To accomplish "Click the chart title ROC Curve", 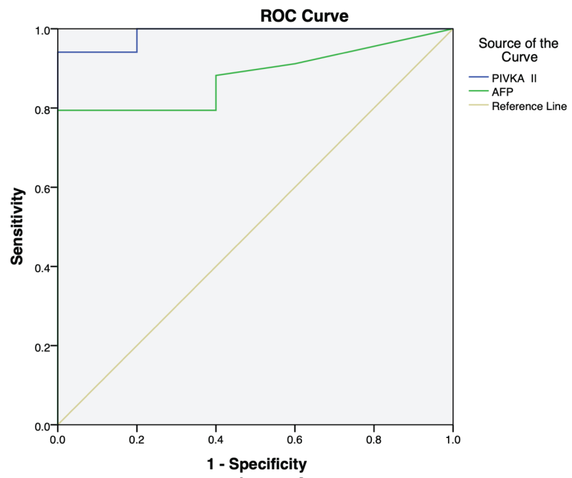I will pos(304,16).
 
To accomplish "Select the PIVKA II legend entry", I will pos(514,78).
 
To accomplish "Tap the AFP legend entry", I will pos(502,92).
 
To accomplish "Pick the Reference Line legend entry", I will pos(529,106).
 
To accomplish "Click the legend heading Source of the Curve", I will pos(518,50).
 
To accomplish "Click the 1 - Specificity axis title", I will pos(257,464).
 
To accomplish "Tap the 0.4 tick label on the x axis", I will pos(216,440).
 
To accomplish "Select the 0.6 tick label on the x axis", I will pos(295,440).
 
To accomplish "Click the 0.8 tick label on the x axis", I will pos(374,440).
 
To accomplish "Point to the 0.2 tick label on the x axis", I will pos(137,440).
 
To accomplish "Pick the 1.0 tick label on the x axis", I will pos(453,440).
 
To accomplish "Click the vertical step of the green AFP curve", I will pos(216,93).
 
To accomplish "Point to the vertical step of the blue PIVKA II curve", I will pos(137,40).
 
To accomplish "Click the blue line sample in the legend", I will pos(478,77).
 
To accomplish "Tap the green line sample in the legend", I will pos(478,91).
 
